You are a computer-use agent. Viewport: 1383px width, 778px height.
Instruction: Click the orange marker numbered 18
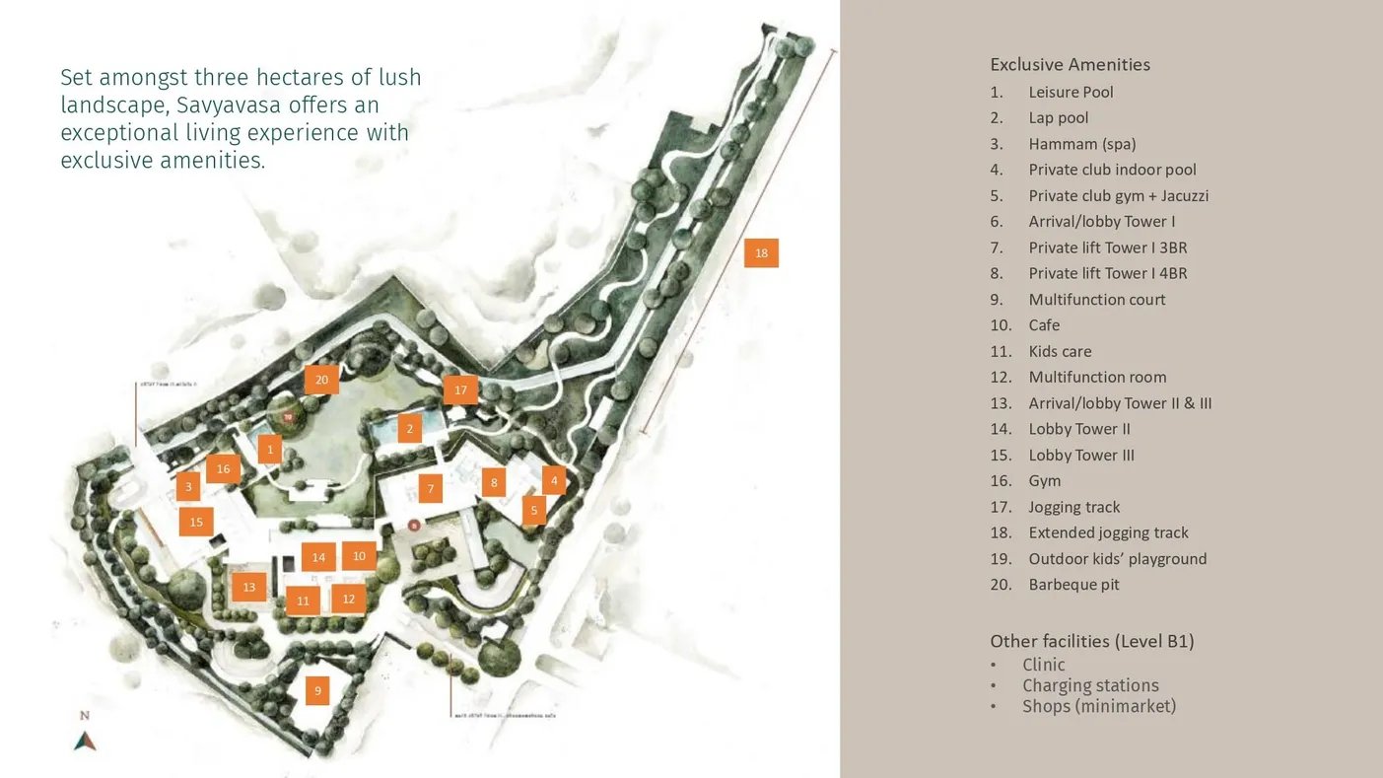tap(761, 253)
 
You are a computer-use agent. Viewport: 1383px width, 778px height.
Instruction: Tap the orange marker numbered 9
tap(317, 691)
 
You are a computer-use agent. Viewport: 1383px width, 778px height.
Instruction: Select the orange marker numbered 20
tap(321, 380)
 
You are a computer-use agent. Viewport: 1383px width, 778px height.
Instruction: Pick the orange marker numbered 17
tap(460, 390)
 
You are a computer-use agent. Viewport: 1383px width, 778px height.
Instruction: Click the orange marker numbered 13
tap(248, 588)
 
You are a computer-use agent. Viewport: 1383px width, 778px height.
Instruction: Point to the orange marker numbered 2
tap(409, 429)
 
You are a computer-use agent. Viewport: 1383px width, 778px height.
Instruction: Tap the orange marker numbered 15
tap(196, 522)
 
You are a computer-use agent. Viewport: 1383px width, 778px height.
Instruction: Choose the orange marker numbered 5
tap(533, 511)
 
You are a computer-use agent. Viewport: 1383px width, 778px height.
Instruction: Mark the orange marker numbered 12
tap(348, 599)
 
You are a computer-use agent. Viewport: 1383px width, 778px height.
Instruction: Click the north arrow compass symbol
tap(85, 740)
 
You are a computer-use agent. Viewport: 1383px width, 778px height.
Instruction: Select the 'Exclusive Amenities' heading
tap(1070, 65)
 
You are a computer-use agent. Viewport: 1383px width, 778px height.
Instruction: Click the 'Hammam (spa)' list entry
tap(1081, 144)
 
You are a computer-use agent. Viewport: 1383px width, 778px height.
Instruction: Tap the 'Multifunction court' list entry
tap(1096, 300)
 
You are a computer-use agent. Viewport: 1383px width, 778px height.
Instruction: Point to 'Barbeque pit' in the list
tap(1073, 585)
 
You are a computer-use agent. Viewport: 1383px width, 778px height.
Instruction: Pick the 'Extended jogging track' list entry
tap(1108, 532)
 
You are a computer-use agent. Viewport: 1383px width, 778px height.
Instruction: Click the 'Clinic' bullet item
tap(1043, 665)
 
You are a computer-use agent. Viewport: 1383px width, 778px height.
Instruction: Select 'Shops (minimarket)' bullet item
tap(1098, 706)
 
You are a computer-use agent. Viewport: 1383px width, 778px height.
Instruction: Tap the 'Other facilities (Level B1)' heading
tap(1091, 642)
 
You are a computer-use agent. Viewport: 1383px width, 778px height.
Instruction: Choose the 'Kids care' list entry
tap(1060, 351)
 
